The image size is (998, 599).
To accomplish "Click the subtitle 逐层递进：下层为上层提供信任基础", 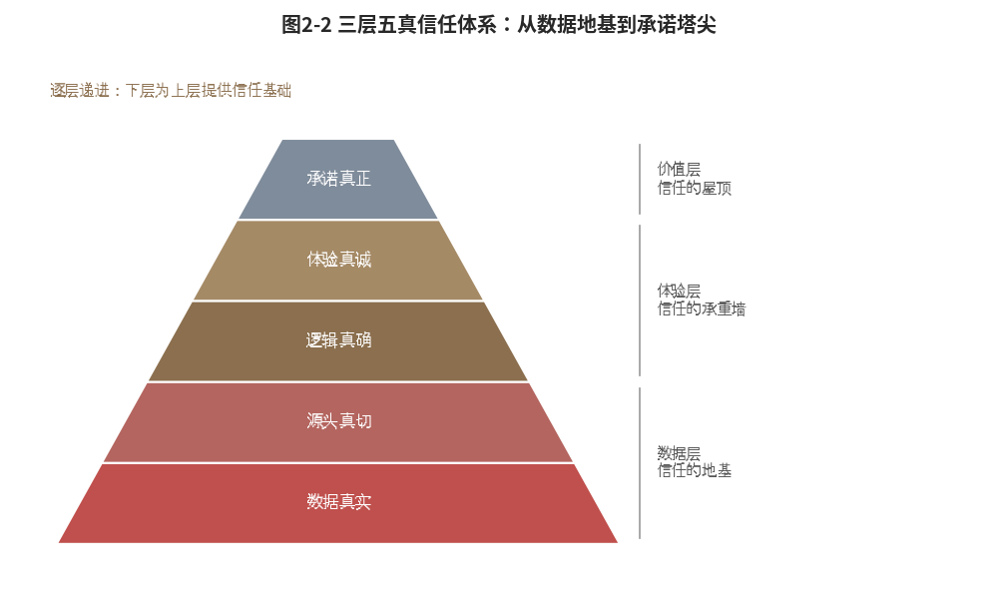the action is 171,91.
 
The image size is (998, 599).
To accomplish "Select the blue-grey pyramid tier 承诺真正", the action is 338,179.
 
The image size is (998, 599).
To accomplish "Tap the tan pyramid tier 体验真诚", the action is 338,260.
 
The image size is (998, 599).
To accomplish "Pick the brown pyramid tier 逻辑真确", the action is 338,340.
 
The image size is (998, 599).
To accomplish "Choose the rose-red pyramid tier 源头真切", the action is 338,421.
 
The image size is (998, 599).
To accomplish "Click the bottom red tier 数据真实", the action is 338,503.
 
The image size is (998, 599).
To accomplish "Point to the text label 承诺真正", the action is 338,179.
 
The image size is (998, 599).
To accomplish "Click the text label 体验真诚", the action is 338,260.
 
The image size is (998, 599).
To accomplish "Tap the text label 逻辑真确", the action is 338,339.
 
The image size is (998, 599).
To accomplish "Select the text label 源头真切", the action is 338,420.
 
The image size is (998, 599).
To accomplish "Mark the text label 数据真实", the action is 338,501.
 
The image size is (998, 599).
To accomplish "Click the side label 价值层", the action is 679,170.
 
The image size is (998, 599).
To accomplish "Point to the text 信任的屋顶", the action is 695,188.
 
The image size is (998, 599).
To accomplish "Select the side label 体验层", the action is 679,291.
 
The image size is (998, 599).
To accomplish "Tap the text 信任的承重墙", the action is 702,308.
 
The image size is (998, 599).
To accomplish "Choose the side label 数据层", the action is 679,453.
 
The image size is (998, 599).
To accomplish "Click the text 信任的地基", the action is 695,470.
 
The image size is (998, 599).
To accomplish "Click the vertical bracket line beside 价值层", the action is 640,179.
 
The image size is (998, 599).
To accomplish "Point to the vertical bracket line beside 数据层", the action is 640,463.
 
